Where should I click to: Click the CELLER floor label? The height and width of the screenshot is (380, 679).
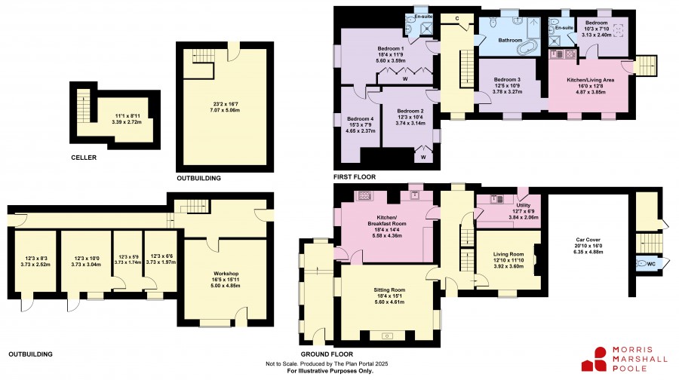(84, 158)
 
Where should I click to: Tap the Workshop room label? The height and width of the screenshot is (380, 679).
(226, 274)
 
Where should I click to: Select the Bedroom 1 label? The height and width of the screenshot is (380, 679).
(391, 48)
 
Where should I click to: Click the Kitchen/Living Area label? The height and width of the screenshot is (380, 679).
(590, 80)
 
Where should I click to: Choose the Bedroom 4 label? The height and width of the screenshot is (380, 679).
(361, 119)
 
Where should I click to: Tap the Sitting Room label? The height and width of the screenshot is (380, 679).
(390, 290)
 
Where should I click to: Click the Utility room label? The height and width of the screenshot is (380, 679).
(523, 205)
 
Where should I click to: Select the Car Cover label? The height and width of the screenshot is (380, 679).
(588, 240)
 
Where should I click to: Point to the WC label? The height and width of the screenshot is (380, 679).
(651, 264)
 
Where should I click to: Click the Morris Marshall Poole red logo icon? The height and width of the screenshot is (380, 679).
(595, 359)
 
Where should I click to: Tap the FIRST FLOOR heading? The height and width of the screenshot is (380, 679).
(355, 177)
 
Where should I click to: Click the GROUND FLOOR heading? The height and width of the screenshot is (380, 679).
(327, 354)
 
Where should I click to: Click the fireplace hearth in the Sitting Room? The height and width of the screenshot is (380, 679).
(387, 336)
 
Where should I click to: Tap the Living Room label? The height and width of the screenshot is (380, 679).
(508, 255)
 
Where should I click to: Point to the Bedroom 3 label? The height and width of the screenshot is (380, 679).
(507, 80)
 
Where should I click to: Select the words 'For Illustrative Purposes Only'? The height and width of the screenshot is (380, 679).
(330, 371)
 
